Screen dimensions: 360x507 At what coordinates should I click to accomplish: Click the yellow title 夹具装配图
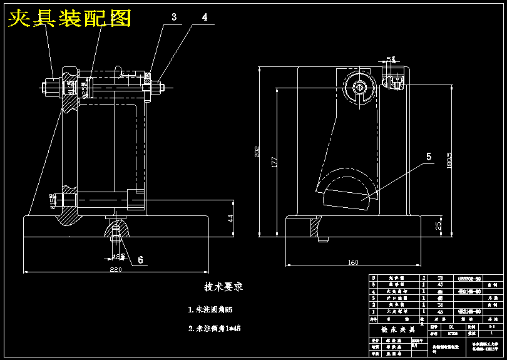(69, 19)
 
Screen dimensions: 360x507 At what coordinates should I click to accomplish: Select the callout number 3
(174, 18)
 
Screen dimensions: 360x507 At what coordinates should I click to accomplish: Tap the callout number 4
(205, 18)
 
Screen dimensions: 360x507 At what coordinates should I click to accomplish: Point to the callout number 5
(429, 157)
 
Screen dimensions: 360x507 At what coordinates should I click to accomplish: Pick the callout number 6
(140, 259)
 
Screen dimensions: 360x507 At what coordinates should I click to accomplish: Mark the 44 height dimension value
(230, 217)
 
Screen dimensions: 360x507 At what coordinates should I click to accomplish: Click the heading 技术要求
(223, 287)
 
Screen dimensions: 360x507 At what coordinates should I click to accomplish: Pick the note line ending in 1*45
(215, 328)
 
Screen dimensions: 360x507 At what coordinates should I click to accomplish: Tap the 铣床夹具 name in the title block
(394, 329)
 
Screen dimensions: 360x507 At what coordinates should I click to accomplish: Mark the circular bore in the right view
(361, 87)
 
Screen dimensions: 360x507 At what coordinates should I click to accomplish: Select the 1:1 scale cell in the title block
(492, 326)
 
